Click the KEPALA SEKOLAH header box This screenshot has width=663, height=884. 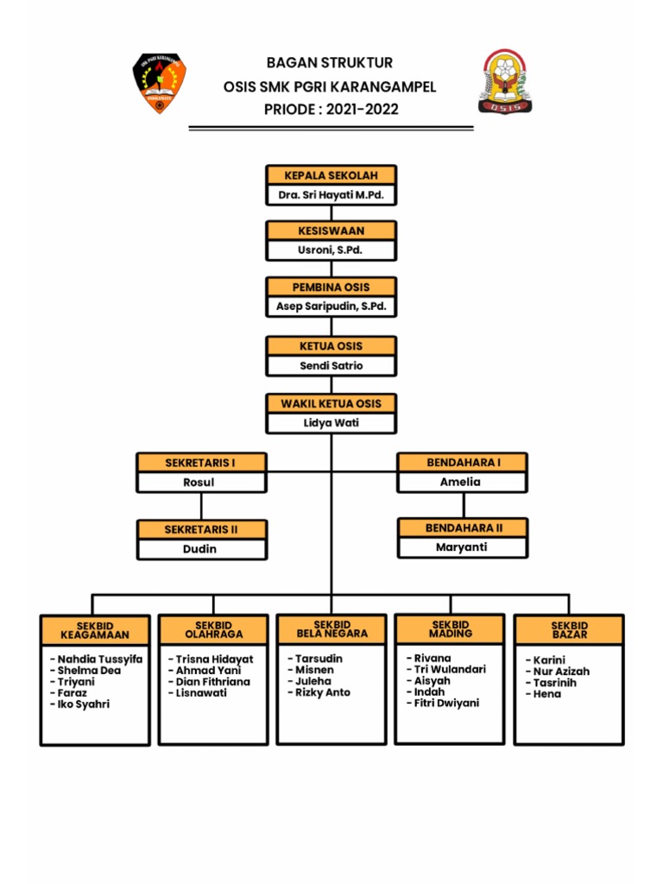(331, 175)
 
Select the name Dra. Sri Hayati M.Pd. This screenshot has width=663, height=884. (331, 196)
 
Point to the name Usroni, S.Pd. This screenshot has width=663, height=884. (331, 250)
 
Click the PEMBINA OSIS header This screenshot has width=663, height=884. (331, 286)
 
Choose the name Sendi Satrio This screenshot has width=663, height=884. (331, 365)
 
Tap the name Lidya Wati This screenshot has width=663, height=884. (331, 423)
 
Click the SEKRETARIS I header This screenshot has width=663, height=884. (200, 463)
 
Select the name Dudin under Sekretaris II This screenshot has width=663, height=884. (199, 549)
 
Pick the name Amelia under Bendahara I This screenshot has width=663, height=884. (460, 483)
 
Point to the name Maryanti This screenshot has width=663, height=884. (462, 546)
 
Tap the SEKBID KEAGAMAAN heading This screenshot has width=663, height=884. (95, 630)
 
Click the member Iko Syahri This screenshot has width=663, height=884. (83, 704)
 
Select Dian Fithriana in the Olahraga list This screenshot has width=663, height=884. (212, 682)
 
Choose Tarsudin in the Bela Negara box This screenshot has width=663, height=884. (318, 659)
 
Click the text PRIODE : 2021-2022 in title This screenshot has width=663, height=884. (331, 110)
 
